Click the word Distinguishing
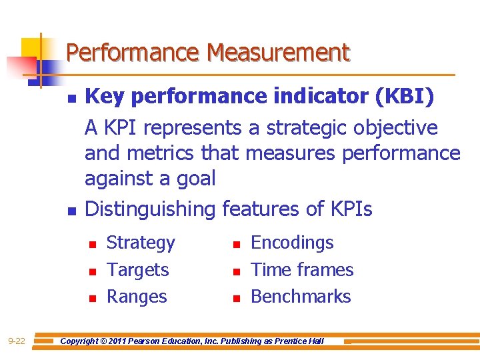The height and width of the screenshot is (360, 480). click(151, 209)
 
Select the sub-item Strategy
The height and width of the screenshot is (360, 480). click(141, 243)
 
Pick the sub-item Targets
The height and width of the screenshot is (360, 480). click(138, 270)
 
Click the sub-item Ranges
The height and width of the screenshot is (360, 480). click(137, 297)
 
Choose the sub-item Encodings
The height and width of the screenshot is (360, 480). click(292, 243)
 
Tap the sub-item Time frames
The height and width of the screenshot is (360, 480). click(302, 270)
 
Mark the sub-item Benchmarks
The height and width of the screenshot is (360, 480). click(301, 297)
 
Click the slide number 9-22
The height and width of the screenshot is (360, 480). click(17, 341)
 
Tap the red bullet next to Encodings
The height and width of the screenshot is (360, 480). click(235, 245)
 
